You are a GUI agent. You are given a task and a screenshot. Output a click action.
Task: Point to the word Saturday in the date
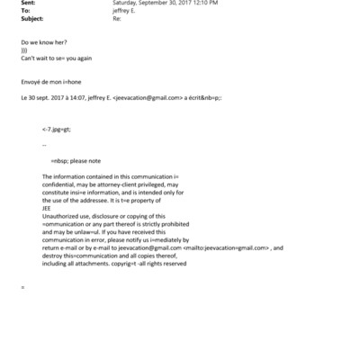[x=128, y=3]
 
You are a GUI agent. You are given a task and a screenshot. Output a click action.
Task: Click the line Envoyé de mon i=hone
[x=50, y=82]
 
